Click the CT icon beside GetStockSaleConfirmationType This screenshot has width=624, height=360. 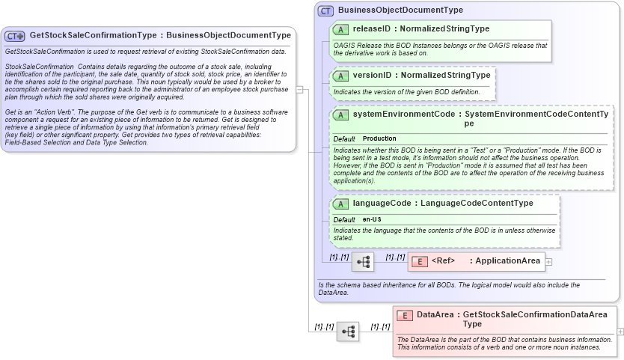[15, 36]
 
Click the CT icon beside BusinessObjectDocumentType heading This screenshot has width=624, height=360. [325, 10]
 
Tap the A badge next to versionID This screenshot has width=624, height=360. [340, 76]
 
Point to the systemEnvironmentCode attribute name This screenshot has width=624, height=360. [403, 115]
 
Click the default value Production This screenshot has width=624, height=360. [379, 138]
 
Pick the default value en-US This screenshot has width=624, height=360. [372, 219]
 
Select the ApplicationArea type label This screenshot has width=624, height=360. [508, 261]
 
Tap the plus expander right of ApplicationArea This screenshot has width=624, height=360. [549, 262]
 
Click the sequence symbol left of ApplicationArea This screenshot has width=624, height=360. [364, 262]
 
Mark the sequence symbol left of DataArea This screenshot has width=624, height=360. [348, 331]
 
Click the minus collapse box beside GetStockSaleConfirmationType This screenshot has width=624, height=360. [299, 90]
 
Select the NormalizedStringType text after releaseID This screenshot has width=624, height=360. [446, 29]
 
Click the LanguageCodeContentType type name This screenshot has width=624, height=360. [477, 203]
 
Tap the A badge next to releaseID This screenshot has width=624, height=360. [340, 29]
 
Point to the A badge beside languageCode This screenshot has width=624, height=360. [340, 203]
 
